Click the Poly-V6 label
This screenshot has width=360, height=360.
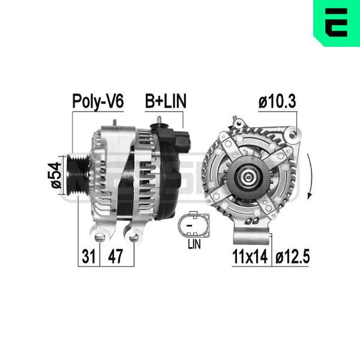coord(98,101)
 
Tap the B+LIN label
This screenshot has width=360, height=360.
coord(166,101)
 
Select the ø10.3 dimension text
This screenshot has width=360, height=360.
coord(277,101)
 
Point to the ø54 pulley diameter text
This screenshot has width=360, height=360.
coord(56,175)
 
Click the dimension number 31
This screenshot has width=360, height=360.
coord(89,256)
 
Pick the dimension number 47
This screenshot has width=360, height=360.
coord(115,256)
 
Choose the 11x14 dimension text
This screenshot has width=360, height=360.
coord(250,256)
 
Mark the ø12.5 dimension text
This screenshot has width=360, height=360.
coord(292,256)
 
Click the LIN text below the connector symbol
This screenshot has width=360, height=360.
coord(194,244)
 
